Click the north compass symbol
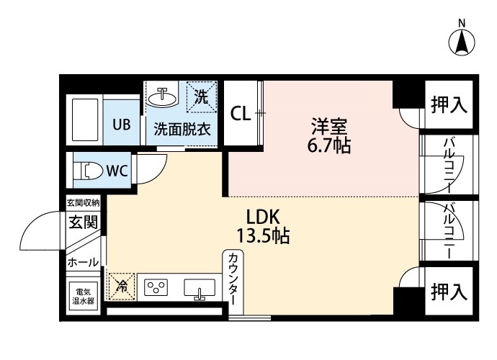click(462, 42)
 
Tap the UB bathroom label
click(120, 124)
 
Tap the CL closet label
click(241, 114)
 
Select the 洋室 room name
click(330, 127)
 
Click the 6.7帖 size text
click(330, 146)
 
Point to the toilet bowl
click(87, 171)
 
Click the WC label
click(117, 171)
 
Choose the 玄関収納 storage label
click(84, 203)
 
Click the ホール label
click(83, 263)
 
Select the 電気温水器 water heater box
click(83, 297)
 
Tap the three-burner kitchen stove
click(156, 288)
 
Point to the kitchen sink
click(200, 289)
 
